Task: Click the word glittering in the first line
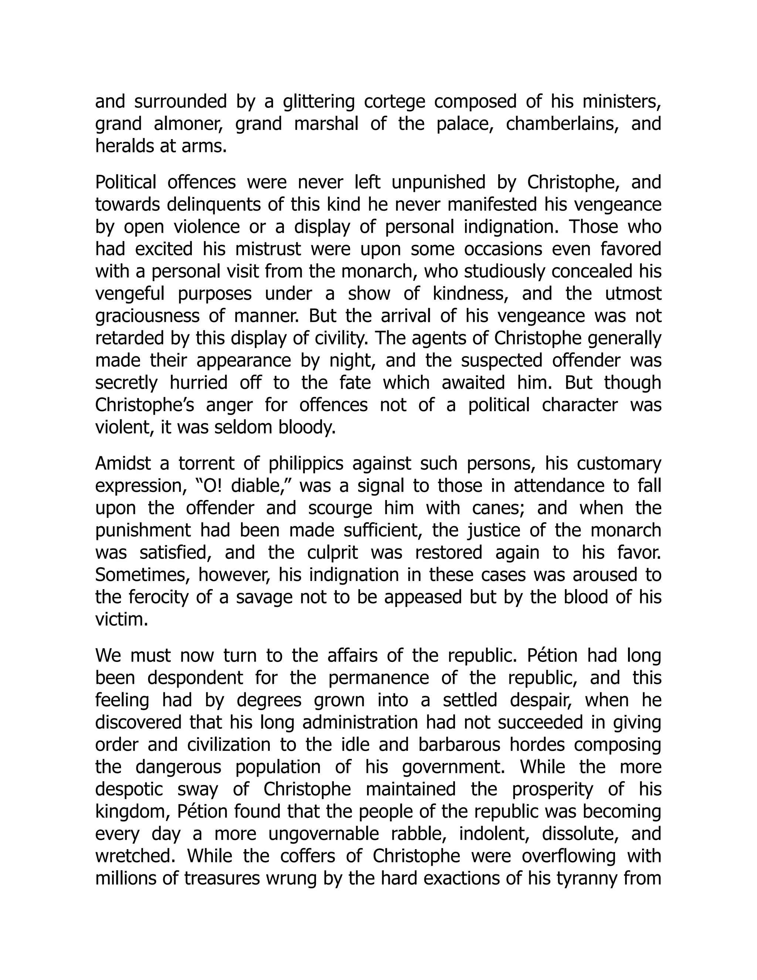[x=319, y=101]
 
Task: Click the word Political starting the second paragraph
[x=126, y=182]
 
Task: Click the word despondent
[x=195, y=677]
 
